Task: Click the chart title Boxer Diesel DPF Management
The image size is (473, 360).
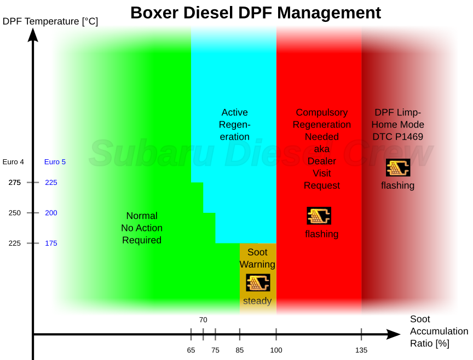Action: [x=256, y=13]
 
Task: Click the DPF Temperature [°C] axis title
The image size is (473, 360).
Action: [x=50, y=21]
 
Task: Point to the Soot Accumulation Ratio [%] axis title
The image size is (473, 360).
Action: [x=439, y=331]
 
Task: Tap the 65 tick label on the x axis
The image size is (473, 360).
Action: [x=191, y=350]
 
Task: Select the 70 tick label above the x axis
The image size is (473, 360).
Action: [x=203, y=320]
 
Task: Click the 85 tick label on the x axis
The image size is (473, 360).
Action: [x=240, y=350]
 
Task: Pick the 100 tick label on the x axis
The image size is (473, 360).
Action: [x=276, y=350]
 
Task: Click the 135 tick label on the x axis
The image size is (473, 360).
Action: [x=361, y=350]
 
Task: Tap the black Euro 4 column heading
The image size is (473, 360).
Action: [x=13, y=162]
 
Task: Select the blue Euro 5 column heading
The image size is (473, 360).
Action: [x=55, y=162]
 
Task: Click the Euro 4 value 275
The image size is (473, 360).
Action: [x=14, y=182]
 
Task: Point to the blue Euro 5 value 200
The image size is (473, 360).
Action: [x=51, y=213]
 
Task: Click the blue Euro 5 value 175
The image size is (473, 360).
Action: [x=51, y=243]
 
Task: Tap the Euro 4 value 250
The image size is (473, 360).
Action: [x=14, y=213]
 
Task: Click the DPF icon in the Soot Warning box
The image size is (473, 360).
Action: [x=258, y=282]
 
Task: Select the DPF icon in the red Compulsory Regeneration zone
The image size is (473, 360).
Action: [x=319, y=216]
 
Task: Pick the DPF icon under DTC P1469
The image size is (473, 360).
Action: [x=398, y=167]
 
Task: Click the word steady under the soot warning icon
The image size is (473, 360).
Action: [x=257, y=300]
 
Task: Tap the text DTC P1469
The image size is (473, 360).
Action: [x=397, y=137]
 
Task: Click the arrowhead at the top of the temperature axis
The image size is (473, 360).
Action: [x=33, y=34]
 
